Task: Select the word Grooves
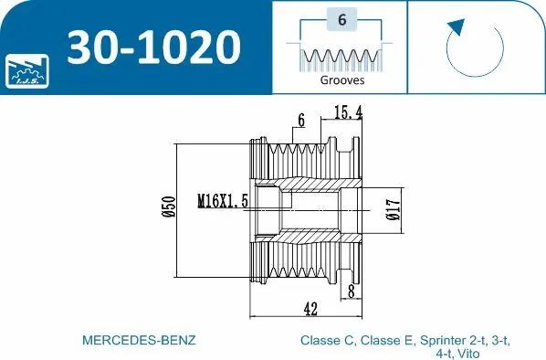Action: pos(341,79)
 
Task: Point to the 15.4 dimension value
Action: pos(349,112)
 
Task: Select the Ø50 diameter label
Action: pos(168,209)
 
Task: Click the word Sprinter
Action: pos(439,340)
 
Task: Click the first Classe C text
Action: pos(327,340)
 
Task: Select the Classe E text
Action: pos(384,340)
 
